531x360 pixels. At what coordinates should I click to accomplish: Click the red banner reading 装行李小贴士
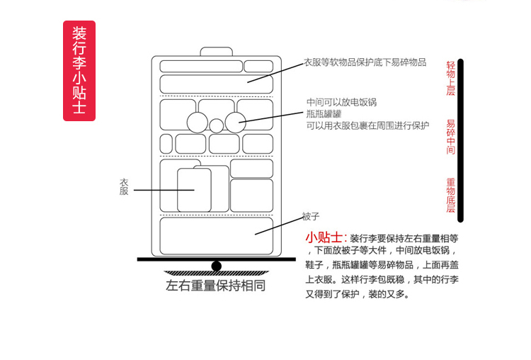pyautogui.click(x=79, y=70)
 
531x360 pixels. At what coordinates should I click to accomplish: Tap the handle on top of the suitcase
pyautogui.click(x=217, y=52)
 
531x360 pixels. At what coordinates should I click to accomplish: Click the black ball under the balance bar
pyautogui.click(x=217, y=266)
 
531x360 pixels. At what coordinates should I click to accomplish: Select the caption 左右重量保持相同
pyautogui.click(x=216, y=287)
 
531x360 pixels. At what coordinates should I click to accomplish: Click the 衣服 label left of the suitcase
pyautogui.click(x=124, y=186)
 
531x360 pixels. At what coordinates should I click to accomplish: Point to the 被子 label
pyautogui.click(x=311, y=215)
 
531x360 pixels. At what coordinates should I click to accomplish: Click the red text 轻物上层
pyautogui.click(x=450, y=79)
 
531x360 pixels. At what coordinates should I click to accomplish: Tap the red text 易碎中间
pyautogui.click(x=450, y=137)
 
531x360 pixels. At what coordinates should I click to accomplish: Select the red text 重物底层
pyautogui.click(x=450, y=196)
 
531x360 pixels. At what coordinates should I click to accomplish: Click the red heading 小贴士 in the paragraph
pyautogui.click(x=324, y=237)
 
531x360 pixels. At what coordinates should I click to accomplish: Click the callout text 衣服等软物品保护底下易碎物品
pyautogui.click(x=365, y=62)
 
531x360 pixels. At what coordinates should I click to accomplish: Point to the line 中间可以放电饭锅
pyautogui.click(x=341, y=102)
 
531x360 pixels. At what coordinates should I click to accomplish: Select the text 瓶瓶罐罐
pyautogui.click(x=324, y=113)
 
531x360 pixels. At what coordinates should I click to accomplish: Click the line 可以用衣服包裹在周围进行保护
pyautogui.click(x=367, y=125)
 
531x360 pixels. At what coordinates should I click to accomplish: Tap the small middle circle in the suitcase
pyautogui.click(x=216, y=126)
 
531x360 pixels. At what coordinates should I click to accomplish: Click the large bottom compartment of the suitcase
pyautogui.click(x=216, y=236)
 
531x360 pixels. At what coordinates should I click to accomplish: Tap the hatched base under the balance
pyautogui.click(x=216, y=274)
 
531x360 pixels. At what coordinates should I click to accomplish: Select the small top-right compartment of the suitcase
pyautogui.click(x=258, y=66)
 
